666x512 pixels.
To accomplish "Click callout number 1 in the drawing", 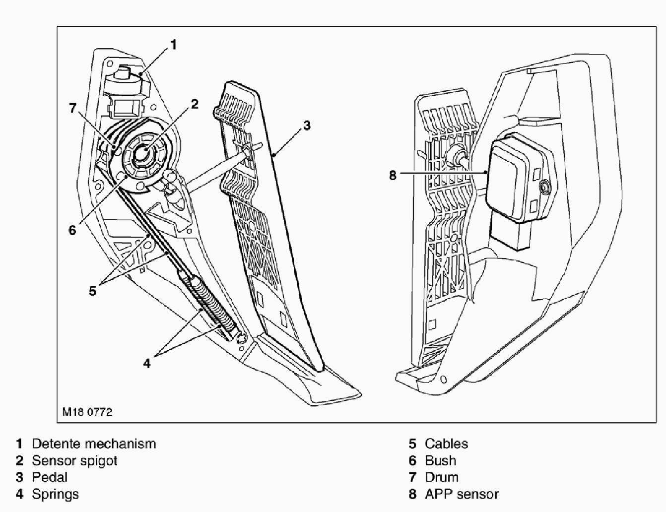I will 173,45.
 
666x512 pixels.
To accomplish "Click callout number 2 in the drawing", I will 195,104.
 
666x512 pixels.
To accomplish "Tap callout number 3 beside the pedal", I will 307,126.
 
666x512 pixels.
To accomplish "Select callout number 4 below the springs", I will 147,364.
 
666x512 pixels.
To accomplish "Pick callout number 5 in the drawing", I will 93,291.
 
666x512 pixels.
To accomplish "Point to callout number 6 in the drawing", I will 72,230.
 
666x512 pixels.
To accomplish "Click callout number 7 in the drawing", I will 73,108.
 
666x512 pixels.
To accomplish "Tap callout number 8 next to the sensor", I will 393,175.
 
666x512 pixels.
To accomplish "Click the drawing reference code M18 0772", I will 87,412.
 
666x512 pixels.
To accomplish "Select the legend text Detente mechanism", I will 94,444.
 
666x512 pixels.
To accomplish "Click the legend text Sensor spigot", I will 74,460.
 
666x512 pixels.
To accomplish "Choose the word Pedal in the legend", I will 50,477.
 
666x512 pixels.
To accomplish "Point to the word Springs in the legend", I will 55,494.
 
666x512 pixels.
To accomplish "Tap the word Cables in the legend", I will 446,444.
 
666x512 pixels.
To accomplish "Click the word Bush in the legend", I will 440,460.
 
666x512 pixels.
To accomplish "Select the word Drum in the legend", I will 441,477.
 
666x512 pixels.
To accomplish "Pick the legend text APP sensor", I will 462,494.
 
